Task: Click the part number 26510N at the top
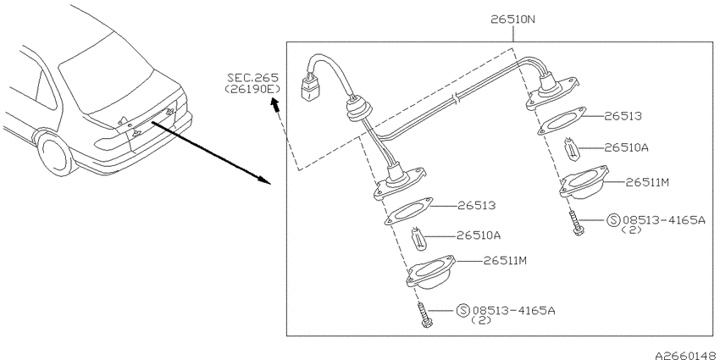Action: (513, 19)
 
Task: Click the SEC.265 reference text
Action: (252, 78)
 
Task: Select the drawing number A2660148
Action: (687, 355)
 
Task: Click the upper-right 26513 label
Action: (623, 116)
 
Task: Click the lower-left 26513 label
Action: (477, 205)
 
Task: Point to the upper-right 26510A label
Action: (626, 147)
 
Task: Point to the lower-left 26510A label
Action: (479, 235)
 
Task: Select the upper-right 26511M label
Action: (647, 182)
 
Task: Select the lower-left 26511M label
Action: (505, 261)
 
